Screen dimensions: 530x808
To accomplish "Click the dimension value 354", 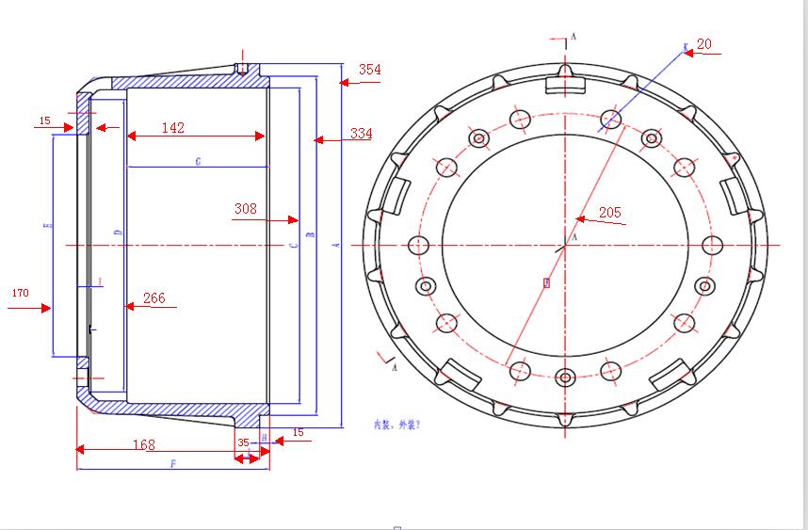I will (x=369, y=70).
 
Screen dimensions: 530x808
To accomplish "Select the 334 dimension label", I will (x=361, y=134).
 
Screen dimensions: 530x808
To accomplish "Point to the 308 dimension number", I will (x=246, y=209).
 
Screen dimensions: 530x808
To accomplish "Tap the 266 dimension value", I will (x=154, y=298).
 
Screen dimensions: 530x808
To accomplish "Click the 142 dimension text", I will (x=172, y=127).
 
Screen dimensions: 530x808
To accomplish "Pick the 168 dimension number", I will (x=143, y=444).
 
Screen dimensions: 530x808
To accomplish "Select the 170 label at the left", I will (x=19, y=293).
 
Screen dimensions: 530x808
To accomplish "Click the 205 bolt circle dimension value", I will (x=609, y=213).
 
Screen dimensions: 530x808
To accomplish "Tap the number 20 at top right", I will (x=704, y=44).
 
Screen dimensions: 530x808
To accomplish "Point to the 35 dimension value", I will (x=243, y=442).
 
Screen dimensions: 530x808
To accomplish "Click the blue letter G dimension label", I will (x=198, y=162).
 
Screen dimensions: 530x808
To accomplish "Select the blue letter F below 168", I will (x=172, y=464).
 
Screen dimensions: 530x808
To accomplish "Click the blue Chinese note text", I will (x=396, y=425).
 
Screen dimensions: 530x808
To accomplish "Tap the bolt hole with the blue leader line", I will (x=611, y=119).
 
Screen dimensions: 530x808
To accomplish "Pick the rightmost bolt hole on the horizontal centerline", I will (x=712, y=246).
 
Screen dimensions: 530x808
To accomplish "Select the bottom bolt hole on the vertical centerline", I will (x=565, y=378).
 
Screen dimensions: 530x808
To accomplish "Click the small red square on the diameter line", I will (x=545, y=281).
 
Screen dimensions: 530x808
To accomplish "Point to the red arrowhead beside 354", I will (x=345, y=83).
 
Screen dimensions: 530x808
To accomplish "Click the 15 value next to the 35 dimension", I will (x=299, y=432).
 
